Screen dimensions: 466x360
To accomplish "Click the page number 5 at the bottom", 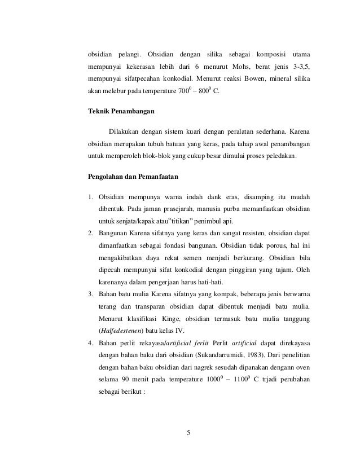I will click(189, 433).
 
